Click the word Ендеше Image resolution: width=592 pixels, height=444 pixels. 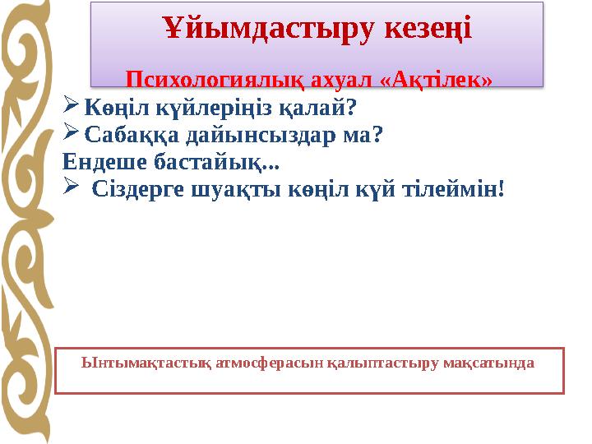pos(101,161)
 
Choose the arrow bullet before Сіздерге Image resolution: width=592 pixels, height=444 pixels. pos(71,188)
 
